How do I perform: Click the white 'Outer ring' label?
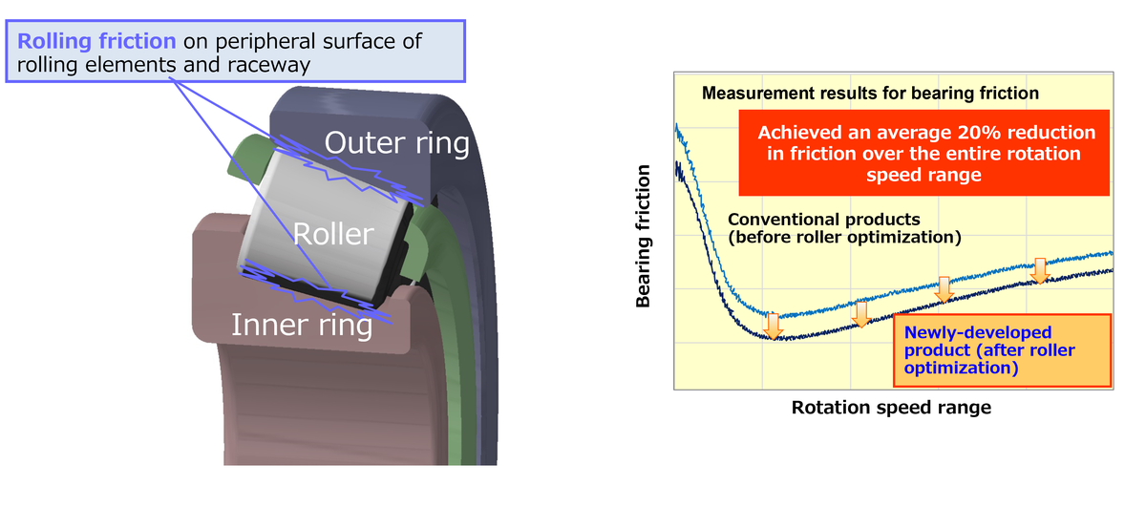pos(397,143)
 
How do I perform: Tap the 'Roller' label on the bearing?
pos(333,234)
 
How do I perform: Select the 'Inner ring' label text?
pos(302,326)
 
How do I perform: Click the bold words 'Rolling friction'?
pos(96,42)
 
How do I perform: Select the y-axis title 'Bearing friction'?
pos(643,237)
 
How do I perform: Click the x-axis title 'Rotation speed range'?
pos(891,408)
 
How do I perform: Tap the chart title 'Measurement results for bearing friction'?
pos(870,94)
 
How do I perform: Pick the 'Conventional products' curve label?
pos(823,220)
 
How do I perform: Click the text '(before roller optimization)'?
pos(844,237)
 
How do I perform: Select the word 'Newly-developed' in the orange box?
pos(977,333)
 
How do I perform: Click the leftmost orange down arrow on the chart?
pos(774,325)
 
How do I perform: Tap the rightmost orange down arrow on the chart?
pos(1040,271)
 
